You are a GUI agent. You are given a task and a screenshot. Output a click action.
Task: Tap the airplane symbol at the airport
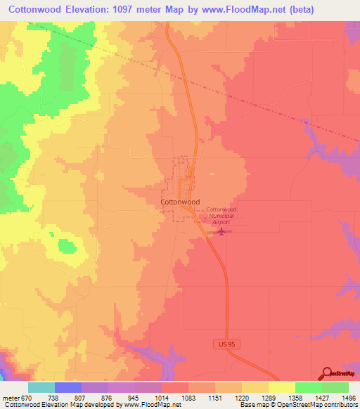click(223, 231)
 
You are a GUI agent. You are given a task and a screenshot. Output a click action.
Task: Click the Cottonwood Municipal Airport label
click(221, 215)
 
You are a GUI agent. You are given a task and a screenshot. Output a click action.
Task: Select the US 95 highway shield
click(222, 344)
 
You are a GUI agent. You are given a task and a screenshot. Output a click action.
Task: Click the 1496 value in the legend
click(349, 398)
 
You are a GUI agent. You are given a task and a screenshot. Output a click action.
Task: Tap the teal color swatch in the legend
click(41, 387)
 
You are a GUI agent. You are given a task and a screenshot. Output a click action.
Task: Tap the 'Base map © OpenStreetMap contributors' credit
click(297, 405)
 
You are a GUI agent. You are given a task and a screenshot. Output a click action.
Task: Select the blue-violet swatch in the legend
click(68, 387)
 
